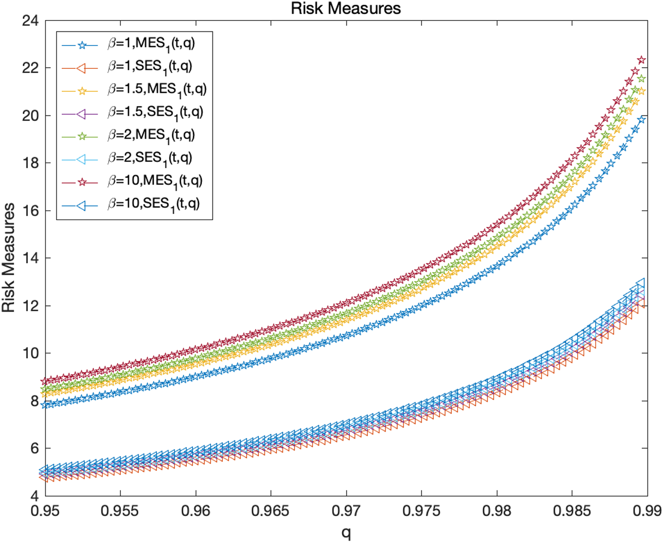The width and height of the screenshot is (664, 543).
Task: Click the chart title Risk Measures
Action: [346, 8]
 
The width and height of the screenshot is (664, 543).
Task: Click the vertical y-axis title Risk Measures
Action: [9, 258]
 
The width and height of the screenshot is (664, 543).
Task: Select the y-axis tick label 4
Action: [34, 496]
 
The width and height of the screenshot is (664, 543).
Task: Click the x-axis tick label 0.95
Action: [45, 511]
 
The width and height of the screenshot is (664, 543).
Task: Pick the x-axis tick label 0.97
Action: [346, 511]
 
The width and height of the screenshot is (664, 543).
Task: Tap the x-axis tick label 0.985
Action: [572, 511]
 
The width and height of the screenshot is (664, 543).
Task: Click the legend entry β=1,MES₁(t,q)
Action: [151, 44]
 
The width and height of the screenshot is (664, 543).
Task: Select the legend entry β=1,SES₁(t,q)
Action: [149, 67]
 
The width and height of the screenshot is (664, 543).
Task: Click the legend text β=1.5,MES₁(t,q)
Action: [157, 90]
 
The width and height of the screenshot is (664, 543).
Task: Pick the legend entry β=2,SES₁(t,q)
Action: [149, 158]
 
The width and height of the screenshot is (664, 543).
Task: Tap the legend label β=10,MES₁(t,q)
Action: [155, 181]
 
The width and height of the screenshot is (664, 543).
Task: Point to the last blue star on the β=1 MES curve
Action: [642, 120]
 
